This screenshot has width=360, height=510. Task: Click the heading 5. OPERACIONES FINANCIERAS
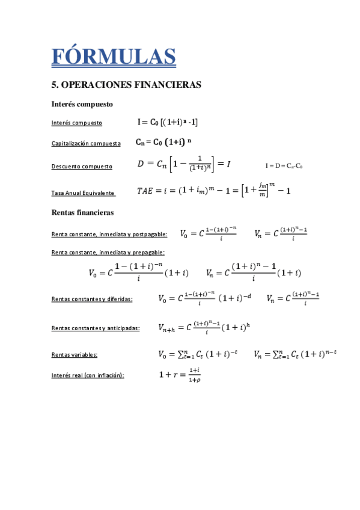(x=126, y=85)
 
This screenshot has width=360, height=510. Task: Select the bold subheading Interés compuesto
(x=82, y=104)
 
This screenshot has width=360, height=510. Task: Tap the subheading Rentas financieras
(x=83, y=212)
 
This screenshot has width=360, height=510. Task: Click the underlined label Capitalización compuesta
(x=86, y=144)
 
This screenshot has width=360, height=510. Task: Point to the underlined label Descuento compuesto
(x=82, y=166)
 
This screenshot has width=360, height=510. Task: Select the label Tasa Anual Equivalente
(x=83, y=192)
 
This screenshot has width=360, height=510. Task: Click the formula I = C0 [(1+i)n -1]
(x=168, y=122)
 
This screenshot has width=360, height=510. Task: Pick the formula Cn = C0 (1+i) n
(x=162, y=143)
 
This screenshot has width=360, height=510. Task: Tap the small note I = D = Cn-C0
(x=284, y=165)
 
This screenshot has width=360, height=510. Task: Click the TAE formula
(x=213, y=190)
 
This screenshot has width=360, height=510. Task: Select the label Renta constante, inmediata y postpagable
(x=109, y=234)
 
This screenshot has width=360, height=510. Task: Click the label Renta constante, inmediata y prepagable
(x=108, y=253)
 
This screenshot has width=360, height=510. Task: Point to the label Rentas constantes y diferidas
(x=92, y=298)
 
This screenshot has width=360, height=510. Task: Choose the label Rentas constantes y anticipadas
(x=96, y=328)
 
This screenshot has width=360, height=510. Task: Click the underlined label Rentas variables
(x=75, y=355)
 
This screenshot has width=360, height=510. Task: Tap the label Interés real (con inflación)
(x=88, y=375)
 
